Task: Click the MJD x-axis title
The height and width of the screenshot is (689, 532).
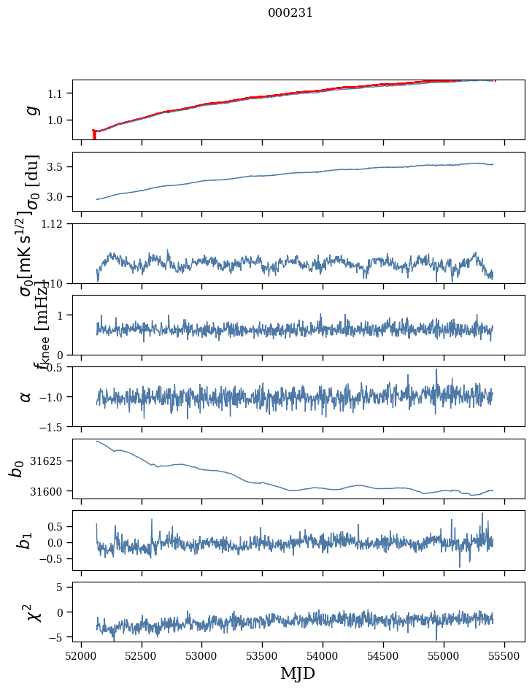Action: [x=298, y=673]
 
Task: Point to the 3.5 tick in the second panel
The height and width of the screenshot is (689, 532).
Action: [x=57, y=167]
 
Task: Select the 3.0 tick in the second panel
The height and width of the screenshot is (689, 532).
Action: [x=57, y=197]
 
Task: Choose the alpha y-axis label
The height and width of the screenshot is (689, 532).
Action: [x=26, y=396]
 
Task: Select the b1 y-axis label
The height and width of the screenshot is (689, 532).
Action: [x=26, y=541]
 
